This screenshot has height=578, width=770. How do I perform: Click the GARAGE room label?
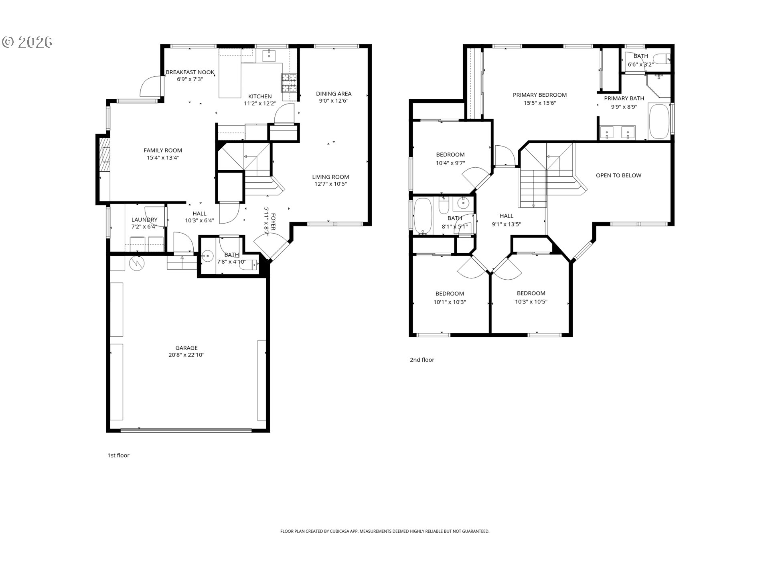186,348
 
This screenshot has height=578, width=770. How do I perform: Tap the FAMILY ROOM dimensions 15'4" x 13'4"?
162,158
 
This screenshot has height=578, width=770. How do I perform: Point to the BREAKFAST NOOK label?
190,72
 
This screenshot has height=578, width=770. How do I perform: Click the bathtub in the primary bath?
659,121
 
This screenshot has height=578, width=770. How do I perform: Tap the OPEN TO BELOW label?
618,175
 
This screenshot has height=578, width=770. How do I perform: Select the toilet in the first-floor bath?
253,265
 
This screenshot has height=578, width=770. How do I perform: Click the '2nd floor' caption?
422,360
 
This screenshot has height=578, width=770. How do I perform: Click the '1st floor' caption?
118,455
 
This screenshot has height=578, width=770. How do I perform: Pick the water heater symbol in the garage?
137,263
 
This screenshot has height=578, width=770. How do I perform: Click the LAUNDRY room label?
144,220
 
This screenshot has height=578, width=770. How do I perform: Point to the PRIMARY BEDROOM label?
539,95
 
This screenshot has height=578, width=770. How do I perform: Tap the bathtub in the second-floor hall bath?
422,216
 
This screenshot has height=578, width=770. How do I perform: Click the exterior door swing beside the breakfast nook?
150,86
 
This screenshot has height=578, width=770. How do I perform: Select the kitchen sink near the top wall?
268,56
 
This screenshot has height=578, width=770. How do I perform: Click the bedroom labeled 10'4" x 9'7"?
450,159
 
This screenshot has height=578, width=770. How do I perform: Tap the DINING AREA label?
333,94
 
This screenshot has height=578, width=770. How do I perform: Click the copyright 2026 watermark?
27,42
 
